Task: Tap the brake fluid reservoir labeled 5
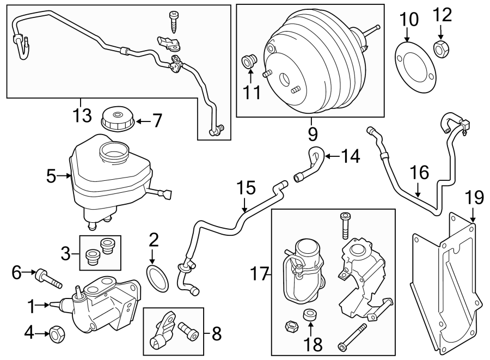pos(109,172)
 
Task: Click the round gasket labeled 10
pos(414,69)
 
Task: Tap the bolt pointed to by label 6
pos(48,277)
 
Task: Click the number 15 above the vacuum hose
pos(246,188)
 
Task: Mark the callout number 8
pos(216,334)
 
